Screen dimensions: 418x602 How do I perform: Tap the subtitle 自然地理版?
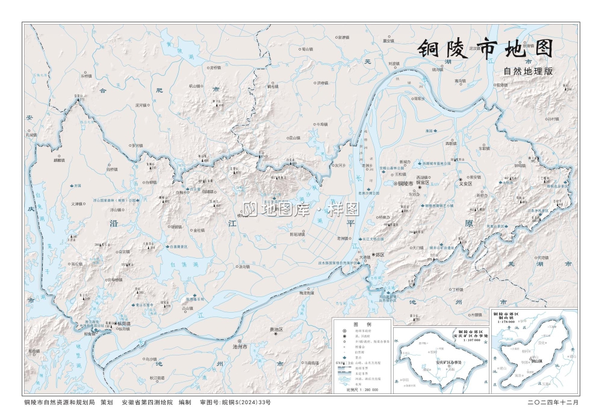[528, 71]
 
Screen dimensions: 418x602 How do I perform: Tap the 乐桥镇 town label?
[87, 76]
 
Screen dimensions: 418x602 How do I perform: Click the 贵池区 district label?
[276, 330]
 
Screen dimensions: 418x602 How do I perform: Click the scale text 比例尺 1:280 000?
[362, 389]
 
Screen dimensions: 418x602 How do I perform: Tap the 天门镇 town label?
[418, 247]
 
